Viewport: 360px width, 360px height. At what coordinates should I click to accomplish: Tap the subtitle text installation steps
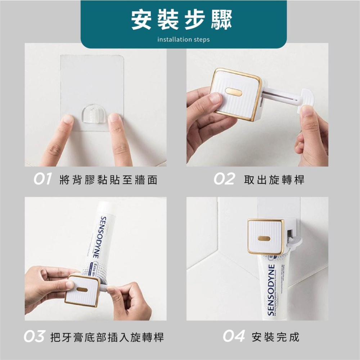tap(183, 39)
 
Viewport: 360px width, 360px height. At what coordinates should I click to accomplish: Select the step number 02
tap(224, 179)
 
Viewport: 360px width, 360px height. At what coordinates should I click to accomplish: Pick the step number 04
tap(233, 337)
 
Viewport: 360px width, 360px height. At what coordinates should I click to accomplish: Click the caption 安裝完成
tap(276, 337)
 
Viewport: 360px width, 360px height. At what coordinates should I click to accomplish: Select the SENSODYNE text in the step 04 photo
tap(271, 290)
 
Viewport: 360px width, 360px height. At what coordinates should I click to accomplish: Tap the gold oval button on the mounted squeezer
tap(264, 238)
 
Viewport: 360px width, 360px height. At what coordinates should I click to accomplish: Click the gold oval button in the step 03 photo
tap(81, 289)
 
